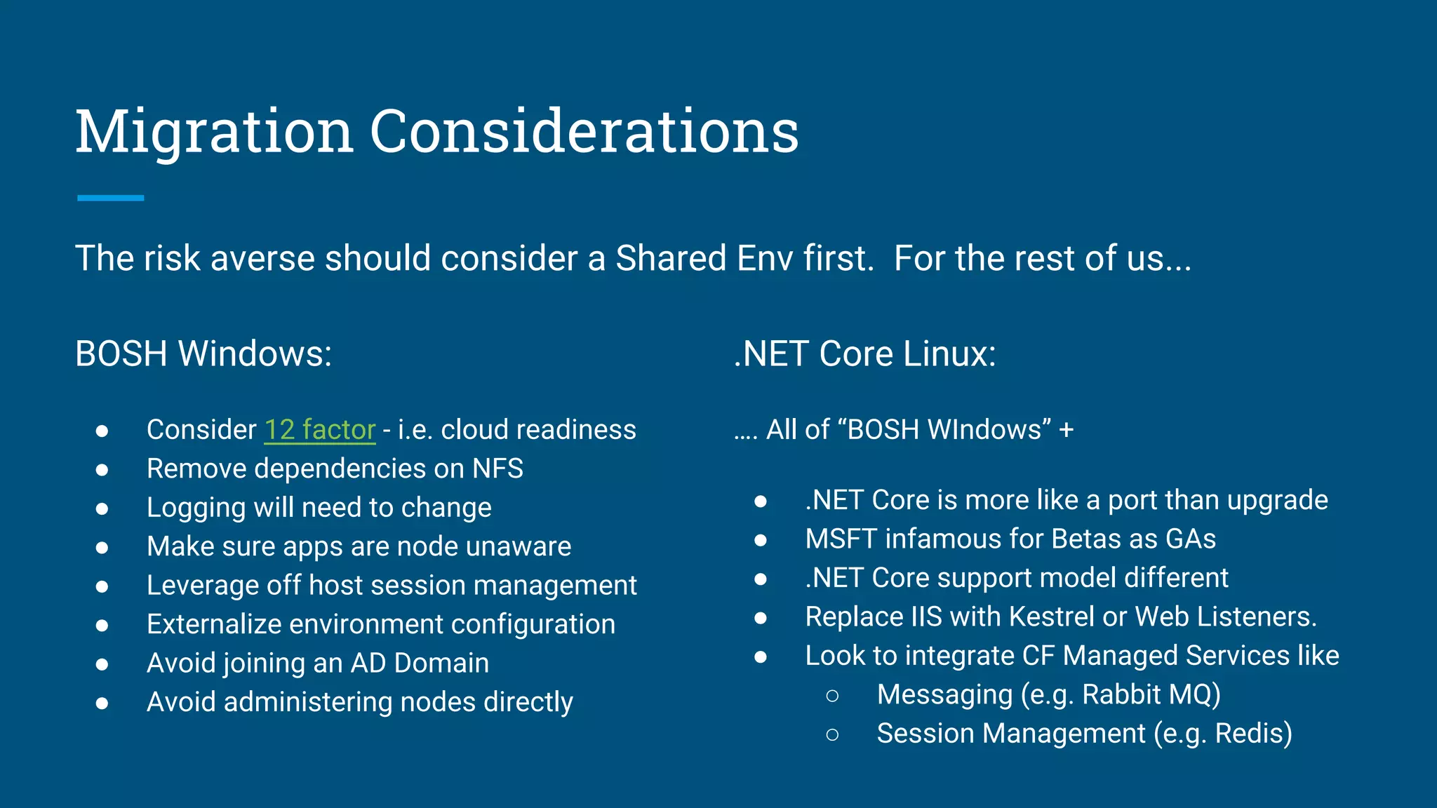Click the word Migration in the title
[214, 132]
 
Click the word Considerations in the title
[584, 132]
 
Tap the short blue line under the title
[110, 198]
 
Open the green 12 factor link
[320, 429]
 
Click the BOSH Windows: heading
[203, 353]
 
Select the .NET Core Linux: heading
[864, 353]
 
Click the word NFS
[497, 469]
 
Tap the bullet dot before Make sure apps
[102, 547]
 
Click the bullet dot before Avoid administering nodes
[102, 703]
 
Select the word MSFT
[841, 539]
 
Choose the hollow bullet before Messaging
[832, 695]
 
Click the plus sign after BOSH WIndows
[1067, 429]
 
